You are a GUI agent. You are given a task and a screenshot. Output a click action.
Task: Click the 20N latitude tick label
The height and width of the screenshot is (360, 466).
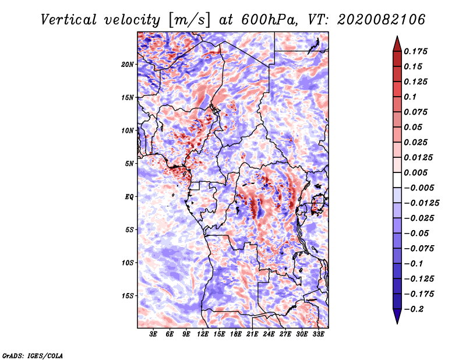pos(128,64)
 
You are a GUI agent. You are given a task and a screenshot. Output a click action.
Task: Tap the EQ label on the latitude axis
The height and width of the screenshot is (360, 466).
pos(129,196)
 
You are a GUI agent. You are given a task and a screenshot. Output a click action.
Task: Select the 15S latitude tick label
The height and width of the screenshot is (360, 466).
pos(128,296)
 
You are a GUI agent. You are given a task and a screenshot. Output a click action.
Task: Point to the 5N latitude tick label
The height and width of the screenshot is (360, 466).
pos(129,164)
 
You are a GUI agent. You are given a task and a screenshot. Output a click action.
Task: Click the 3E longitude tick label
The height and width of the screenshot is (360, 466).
pos(153,334)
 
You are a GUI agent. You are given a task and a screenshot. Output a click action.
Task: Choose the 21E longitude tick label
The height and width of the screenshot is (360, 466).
pos(252,334)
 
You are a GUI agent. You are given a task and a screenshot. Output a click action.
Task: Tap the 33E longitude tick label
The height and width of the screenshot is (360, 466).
pos(318,334)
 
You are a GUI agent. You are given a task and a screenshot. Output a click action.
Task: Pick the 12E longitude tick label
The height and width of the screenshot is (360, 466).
pos(203,334)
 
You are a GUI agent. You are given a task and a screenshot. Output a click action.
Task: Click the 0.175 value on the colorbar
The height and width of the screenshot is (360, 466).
pos(415,51)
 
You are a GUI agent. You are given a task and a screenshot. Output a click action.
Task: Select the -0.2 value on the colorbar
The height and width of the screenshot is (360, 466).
pos(414,309)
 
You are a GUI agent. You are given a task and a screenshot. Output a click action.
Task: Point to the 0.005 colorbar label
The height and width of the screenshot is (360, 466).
pos(415,172)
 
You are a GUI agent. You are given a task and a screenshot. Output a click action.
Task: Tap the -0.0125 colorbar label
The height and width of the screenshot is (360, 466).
pos(421,203)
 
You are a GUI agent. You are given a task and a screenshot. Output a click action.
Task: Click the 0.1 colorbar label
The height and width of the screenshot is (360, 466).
pos(410,97)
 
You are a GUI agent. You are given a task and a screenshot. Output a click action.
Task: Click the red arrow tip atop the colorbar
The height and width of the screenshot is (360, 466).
pos(397,36)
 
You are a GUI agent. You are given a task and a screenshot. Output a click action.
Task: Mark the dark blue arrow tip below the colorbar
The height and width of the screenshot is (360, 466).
pos(397,323)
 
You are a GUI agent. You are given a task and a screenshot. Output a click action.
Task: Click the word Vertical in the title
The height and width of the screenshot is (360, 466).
pos(68,20)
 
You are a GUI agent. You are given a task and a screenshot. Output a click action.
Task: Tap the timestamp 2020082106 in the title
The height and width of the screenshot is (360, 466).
pos(381,20)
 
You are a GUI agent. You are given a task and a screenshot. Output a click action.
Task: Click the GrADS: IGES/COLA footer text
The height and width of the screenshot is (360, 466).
pos(33,355)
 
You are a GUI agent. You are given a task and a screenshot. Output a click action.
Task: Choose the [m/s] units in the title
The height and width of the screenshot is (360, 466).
pos(189,20)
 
